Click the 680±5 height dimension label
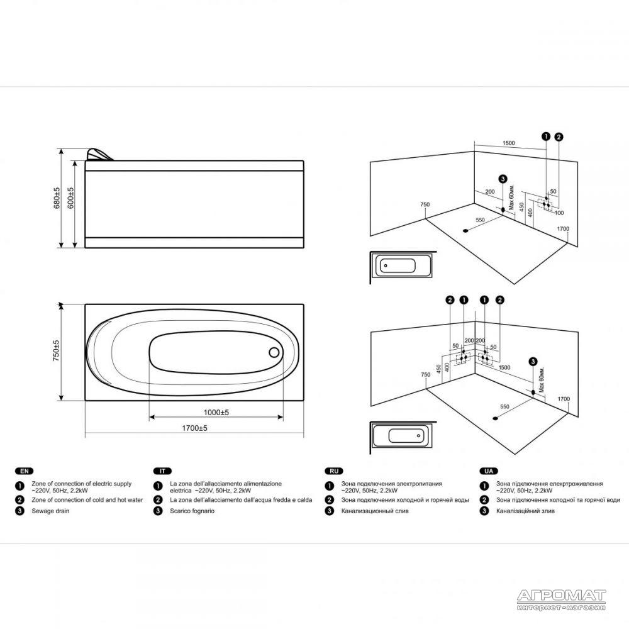coord(57,198)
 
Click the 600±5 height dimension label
coord(71,198)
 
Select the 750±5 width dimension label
coord(56,350)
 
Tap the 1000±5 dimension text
coord(216,413)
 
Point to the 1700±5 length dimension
coord(194,428)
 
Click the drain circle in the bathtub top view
coord(274,353)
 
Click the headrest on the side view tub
coord(99,155)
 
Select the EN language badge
coord(24,471)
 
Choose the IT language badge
coord(162,471)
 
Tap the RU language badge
coord(334,471)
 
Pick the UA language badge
coord(489,471)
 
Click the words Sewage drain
coord(50,511)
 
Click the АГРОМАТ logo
coord(561,600)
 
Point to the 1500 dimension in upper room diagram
coord(509,143)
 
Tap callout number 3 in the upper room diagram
coord(503,179)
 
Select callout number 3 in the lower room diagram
coord(533,362)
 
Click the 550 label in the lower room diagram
coord(504,407)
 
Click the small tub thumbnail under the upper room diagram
coord(403,266)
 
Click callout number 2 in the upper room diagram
coord(559,136)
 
